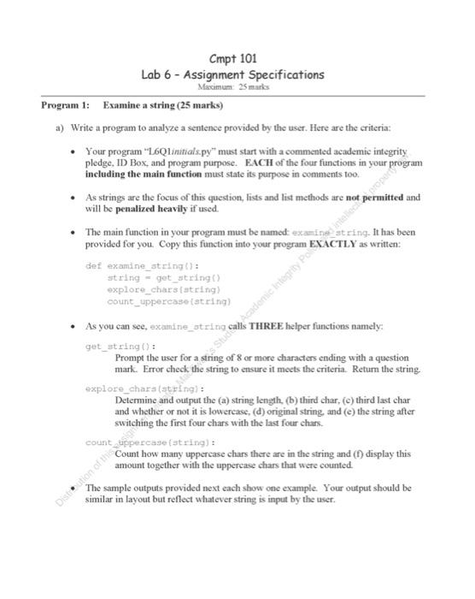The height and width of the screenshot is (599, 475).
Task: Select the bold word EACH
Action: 259,162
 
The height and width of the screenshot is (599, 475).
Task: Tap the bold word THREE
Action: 253,327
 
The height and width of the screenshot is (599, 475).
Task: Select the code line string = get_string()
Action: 164,278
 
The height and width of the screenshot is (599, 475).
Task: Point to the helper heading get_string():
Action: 119,347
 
